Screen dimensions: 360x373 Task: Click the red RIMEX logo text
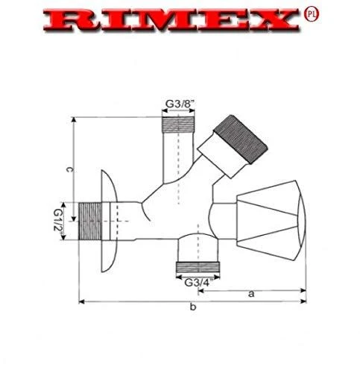coord(171,20)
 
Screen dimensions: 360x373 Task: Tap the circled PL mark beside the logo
coord(312,14)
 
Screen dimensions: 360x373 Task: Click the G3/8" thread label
coord(180,104)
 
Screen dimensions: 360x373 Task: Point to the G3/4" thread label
coord(198,283)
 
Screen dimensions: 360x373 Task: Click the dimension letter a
coord(251,294)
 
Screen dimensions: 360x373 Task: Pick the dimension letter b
coord(193,307)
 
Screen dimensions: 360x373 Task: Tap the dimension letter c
coord(69,170)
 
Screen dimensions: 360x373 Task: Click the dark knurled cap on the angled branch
coord(241,140)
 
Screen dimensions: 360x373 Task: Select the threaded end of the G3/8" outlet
coord(178,124)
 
